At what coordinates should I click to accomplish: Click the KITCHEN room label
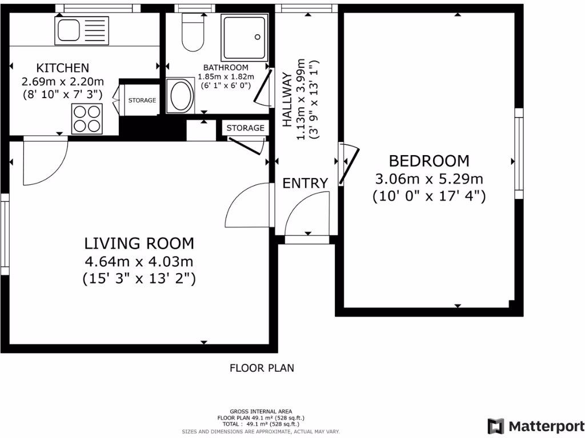[x=63, y=68]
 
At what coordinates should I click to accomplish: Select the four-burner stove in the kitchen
[x=87, y=118]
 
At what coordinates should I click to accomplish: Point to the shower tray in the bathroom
[x=245, y=37]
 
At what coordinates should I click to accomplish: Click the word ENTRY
[x=306, y=183]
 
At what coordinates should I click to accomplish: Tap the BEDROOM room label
[x=429, y=161]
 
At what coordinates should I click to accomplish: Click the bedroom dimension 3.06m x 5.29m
[x=429, y=179]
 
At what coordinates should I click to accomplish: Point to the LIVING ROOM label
[x=139, y=244]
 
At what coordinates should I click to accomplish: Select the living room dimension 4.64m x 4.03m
[x=139, y=262]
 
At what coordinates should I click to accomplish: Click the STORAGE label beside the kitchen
[x=142, y=100]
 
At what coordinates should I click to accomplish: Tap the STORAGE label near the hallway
[x=246, y=128]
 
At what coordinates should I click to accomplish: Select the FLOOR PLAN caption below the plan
[x=262, y=368]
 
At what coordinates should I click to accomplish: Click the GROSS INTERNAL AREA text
[x=261, y=412]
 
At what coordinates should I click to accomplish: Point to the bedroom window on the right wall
[x=519, y=153]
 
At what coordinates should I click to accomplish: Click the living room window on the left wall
[x=5, y=234]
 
